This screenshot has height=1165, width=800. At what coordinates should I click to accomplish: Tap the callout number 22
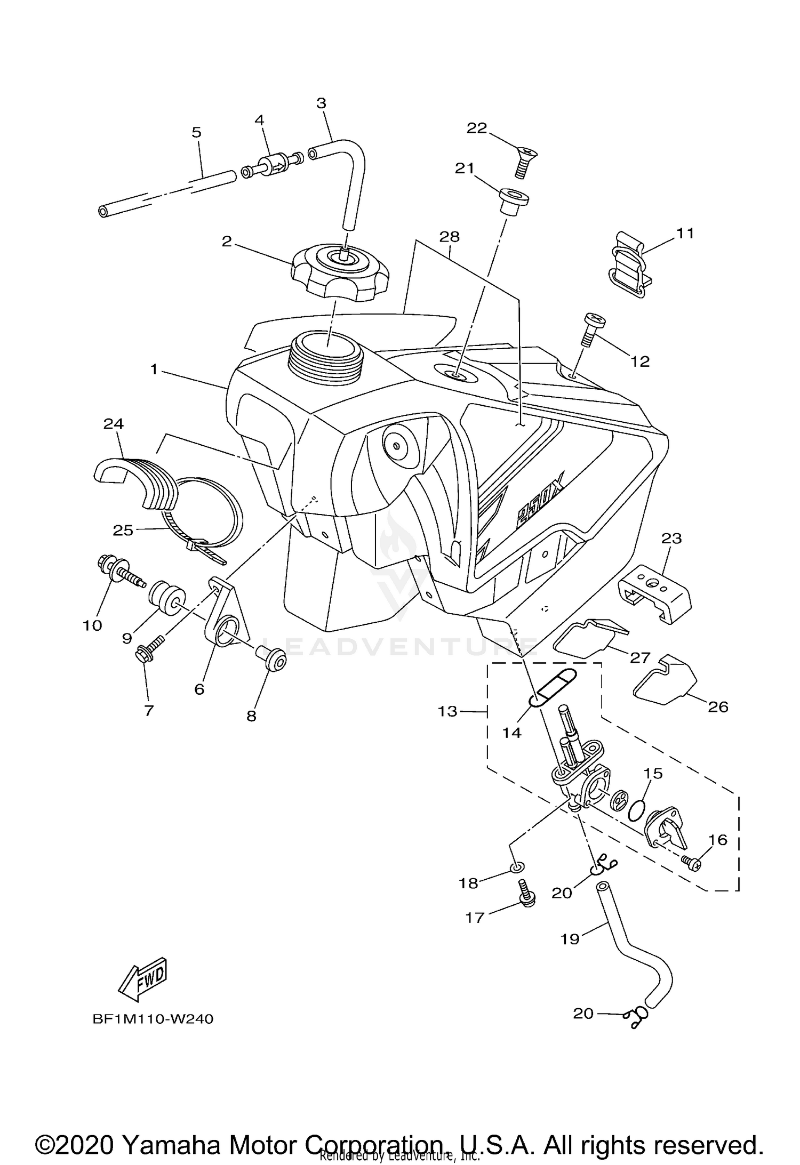(x=477, y=128)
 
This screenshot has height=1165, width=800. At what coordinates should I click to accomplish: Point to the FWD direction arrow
(x=142, y=980)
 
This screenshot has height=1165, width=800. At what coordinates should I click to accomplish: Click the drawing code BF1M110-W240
(x=153, y=1019)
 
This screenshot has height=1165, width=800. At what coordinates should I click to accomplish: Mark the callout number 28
(x=450, y=236)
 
